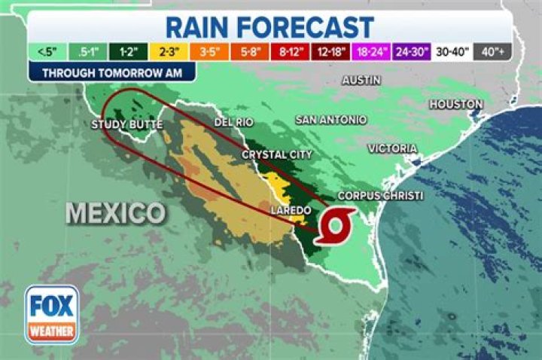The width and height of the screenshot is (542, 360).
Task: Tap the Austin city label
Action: (361, 80)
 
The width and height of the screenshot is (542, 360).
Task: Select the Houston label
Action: (457, 104)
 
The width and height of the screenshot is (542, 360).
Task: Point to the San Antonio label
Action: (330, 120)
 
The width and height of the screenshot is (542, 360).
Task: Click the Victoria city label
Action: (392, 148)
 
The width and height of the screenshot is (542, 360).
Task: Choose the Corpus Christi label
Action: (380, 196)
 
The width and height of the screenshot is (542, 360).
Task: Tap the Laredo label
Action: (291, 209)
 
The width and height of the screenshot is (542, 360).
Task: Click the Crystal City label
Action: (276, 154)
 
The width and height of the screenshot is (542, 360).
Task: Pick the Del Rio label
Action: (233, 122)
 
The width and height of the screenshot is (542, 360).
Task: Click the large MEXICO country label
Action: (115, 212)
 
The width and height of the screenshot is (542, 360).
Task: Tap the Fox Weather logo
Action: (52, 314)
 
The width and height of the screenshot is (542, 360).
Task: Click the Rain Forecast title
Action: (269, 27)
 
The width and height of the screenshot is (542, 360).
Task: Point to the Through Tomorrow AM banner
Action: (111, 73)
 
